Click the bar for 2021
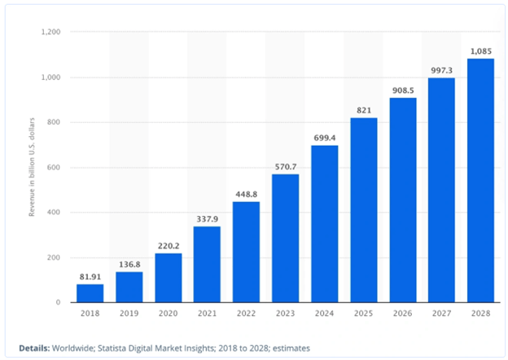pos(208,265)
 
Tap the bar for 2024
pos(325,224)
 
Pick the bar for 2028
pos(481,181)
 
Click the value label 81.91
pos(90,276)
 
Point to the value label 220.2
pos(169,245)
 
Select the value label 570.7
pos(286,166)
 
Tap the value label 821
pos(364,110)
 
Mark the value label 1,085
pos(481,50)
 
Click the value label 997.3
pos(442,70)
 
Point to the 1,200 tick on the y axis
pos(51,33)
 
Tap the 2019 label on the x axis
pos(129,314)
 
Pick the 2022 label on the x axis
pos(247,314)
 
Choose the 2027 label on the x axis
pos(442,314)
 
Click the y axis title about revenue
pos(33,168)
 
